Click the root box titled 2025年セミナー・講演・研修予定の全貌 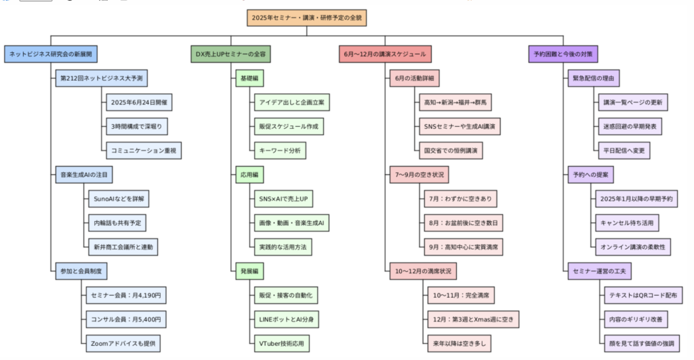pos(307,18)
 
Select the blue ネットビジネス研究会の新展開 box pos(51,54)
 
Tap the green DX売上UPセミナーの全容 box pos(230,54)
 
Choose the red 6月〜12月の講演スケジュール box pos(385,54)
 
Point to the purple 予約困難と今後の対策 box pos(563,54)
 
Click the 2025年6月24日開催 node pos(139,102)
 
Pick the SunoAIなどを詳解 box pos(119,199)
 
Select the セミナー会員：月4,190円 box pos(126,296)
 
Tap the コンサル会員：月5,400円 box pos(126,319)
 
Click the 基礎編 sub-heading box pos(249,79)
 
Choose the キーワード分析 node pos(280,151)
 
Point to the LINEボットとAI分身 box pos(287,319)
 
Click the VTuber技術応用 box pos(281,344)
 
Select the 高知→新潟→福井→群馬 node pos(455,102)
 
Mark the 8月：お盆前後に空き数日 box pos(464,223)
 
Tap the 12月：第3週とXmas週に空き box pos(473,319)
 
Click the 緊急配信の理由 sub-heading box pos(594,79)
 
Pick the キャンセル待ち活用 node pos(627,223)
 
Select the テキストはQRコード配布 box pos(643,296)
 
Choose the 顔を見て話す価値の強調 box pos(642,344)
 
